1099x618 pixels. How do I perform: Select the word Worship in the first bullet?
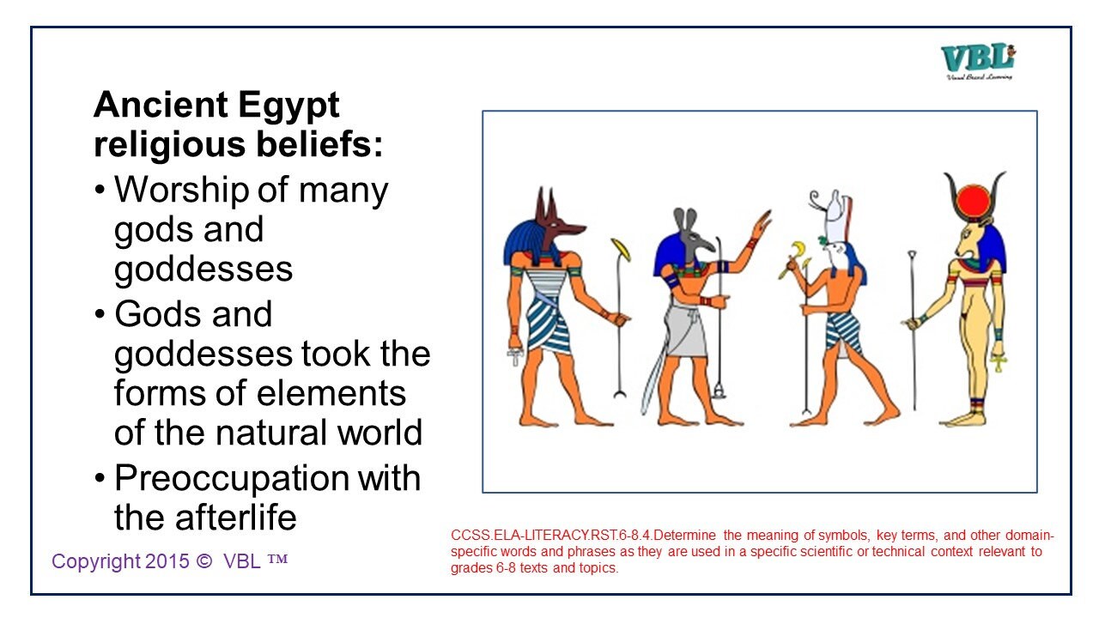pyautogui.click(x=182, y=190)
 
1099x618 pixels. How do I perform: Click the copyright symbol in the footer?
pyautogui.click(x=203, y=561)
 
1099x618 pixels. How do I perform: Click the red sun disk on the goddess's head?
pyautogui.click(x=975, y=202)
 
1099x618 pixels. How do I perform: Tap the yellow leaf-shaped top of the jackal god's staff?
pyautogui.click(x=622, y=250)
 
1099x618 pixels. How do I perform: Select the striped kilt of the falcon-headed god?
pyautogui.click(x=843, y=330)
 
